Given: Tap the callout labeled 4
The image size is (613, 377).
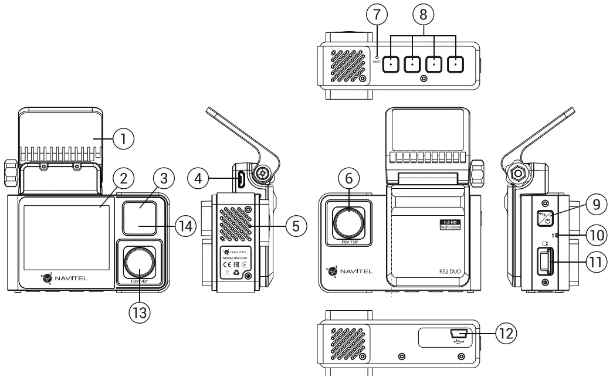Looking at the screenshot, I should pos(199,178).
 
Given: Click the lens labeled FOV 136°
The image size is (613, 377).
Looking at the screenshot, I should pos(350,220).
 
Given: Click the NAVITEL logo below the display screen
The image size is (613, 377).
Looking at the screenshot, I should pos(65,277).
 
